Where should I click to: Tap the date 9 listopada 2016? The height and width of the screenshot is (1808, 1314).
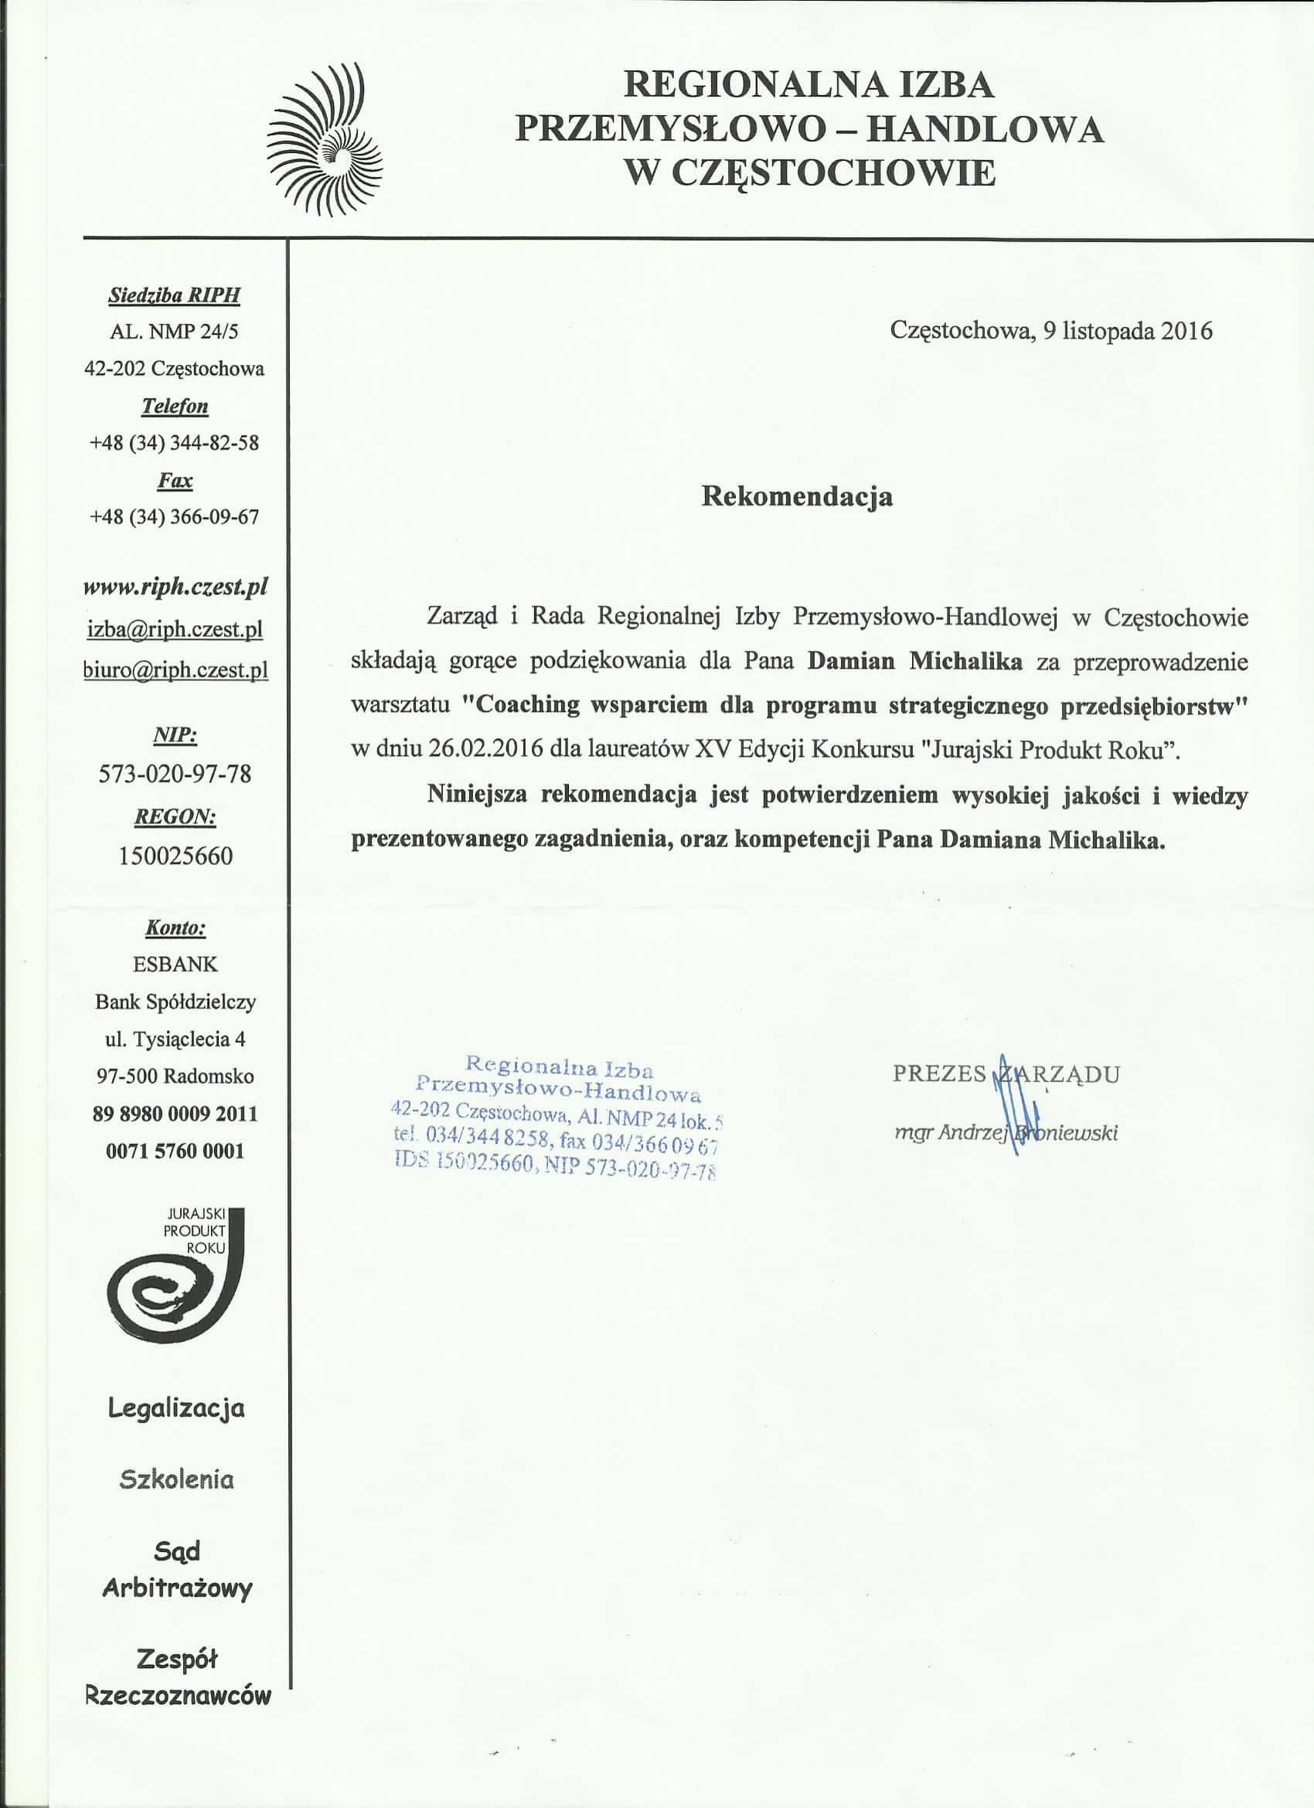pos(1127,330)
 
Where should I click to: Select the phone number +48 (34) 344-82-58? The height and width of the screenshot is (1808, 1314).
pos(175,443)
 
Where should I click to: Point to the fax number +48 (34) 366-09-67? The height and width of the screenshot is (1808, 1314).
pos(175,517)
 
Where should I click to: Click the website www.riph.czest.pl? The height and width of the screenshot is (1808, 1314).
pos(175,587)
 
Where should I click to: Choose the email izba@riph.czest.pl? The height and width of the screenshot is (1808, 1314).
pos(175,630)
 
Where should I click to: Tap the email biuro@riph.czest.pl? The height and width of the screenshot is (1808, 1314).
pos(175,669)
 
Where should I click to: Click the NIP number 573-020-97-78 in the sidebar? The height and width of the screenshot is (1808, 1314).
pos(175,773)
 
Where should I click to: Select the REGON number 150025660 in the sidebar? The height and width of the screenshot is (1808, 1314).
pos(175,856)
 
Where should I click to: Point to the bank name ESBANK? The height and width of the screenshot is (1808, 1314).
pos(175,965)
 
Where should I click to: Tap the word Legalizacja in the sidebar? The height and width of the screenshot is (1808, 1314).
pos(176,1408)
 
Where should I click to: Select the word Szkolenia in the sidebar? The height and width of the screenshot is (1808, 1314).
pos(176,1480)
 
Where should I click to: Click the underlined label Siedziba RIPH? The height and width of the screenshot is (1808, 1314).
pos(174,296)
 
